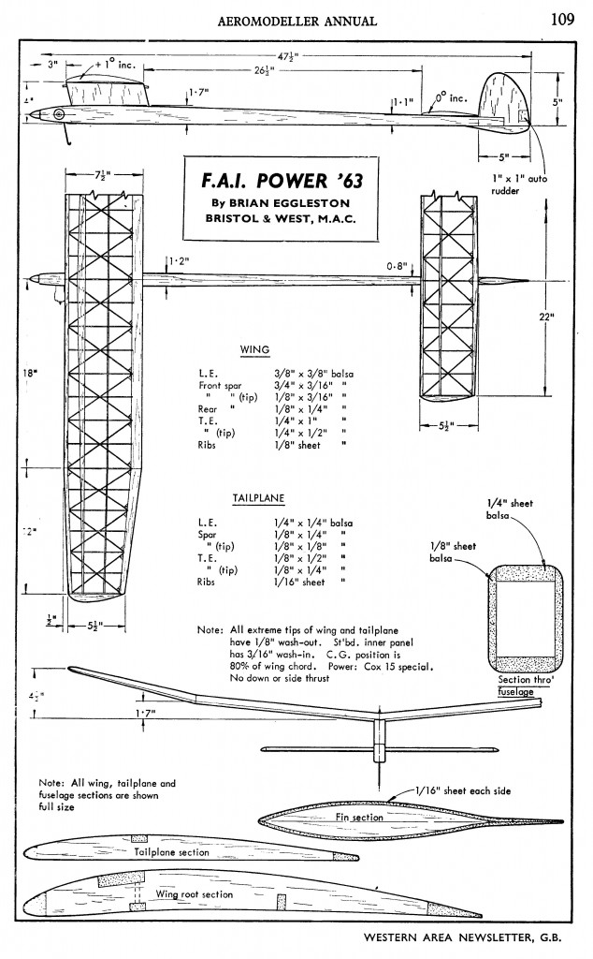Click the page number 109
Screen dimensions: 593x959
coord(562,20)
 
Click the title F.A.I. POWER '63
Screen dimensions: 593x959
coord(282,181)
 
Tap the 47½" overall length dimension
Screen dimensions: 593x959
coord(286,56)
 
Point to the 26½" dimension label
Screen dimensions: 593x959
coord(264,69)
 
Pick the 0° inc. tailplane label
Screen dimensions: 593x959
coord(452,97)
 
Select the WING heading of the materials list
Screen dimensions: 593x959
coord(254,350)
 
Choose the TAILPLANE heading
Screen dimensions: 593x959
coord(258,498)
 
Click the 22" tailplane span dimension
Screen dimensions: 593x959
coord(546,317)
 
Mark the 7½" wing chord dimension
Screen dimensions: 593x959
coord(103,173)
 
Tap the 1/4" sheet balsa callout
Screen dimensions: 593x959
coord(510,509)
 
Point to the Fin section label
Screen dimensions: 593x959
coord(359,817)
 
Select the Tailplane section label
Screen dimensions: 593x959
coord(171,852)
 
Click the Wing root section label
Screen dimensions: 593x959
coord(195,894)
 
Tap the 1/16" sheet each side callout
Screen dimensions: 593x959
coord(463,790)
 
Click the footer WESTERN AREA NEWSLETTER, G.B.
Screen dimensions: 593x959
coord(462,937)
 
